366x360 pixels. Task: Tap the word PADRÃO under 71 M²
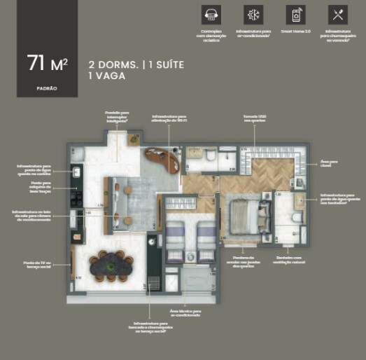[47, 88]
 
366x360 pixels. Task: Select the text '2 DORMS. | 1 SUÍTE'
[136, 64]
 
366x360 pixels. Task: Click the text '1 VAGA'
[107, 76]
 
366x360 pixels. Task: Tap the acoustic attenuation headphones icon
[211, 14]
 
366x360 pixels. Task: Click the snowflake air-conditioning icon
[253, 14]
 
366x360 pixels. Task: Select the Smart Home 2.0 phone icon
[295, 14]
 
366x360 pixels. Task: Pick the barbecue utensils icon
[337, 14]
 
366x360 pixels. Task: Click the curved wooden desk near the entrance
[164, 160]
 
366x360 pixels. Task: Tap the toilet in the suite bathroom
[295, 218]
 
